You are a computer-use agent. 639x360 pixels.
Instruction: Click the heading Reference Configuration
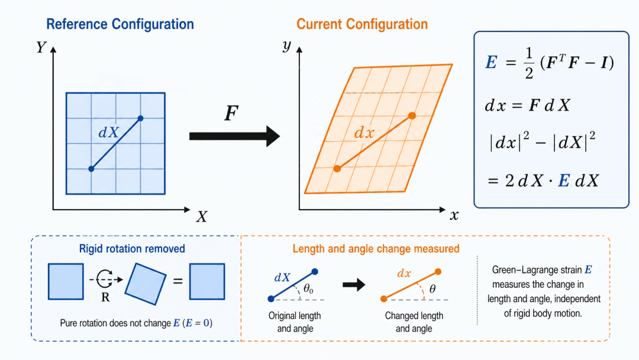120,24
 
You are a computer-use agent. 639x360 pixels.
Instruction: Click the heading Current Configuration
362,24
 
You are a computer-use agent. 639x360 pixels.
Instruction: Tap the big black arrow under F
234,136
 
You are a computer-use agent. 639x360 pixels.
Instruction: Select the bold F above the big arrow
231,113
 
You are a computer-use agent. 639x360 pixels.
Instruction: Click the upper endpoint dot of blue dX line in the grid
141,118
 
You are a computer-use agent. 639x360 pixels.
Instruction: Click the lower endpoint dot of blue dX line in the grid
91,168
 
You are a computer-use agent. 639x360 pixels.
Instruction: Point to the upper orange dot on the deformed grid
412,116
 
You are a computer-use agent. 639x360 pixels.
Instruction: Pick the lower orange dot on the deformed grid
337,168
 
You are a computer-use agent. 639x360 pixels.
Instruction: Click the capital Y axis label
41,48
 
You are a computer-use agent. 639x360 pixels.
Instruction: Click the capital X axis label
202,217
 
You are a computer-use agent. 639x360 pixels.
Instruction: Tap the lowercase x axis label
454,216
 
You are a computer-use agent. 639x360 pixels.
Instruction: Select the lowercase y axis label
287,46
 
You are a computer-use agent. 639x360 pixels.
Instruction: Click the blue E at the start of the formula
491,62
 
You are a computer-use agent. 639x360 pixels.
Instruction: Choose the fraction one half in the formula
529,63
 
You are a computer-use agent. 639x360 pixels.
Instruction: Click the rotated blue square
146,284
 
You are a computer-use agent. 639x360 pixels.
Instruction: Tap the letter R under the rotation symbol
105,298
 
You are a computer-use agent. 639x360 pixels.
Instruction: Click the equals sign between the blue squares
177,281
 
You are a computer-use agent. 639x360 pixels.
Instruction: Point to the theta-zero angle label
308,290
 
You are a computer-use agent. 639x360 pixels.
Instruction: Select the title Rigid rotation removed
132,249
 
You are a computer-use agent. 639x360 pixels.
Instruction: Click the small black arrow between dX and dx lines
354,285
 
